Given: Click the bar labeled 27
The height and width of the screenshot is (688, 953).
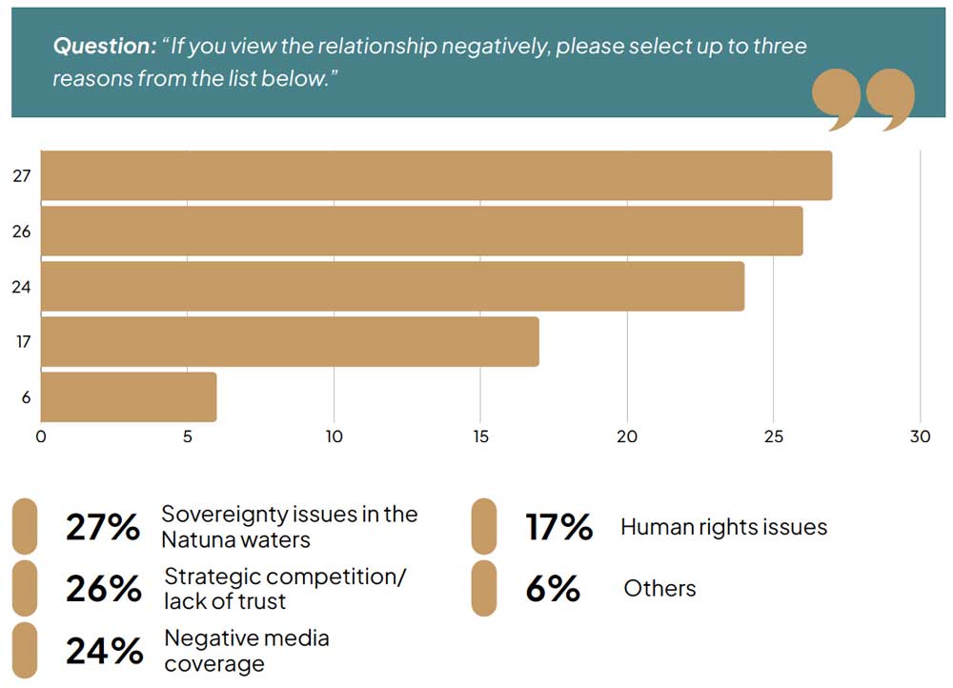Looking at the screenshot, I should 436,175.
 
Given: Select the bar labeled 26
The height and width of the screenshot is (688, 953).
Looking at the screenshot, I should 421,231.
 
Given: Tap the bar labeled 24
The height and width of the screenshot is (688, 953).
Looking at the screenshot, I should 393,286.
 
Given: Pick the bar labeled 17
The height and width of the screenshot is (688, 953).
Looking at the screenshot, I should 290,341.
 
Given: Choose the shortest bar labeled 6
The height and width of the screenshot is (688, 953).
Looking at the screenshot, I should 129,396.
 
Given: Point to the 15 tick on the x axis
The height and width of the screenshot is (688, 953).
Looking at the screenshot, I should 480,437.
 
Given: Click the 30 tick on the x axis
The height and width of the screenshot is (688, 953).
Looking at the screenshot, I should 920,437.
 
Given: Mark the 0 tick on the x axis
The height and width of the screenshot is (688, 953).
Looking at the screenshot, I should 41,437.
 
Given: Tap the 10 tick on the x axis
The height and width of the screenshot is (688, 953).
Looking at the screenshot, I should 334,437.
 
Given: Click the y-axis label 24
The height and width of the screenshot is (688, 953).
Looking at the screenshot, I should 21,286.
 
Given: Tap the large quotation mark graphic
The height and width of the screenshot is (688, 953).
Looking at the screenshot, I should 863,99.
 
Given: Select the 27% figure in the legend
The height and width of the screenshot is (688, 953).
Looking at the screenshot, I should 102,527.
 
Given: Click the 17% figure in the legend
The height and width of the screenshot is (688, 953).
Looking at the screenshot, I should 558,527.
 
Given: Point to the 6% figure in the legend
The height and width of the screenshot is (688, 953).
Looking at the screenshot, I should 553,589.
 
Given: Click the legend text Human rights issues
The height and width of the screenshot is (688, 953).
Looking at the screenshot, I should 723,526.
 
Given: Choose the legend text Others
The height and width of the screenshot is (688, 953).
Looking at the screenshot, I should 659,588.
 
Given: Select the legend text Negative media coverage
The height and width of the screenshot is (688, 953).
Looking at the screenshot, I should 247,650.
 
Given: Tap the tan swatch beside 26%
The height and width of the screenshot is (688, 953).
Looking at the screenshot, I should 25,588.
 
